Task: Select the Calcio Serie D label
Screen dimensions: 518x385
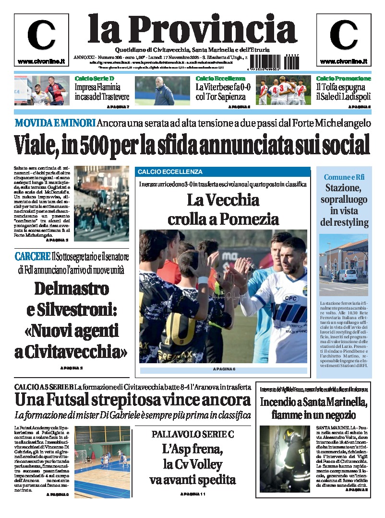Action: click(x=95, y=78)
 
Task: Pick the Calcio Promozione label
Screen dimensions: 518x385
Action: click(x=343, y=78)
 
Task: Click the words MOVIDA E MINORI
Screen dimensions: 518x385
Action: click(x=55, y=123)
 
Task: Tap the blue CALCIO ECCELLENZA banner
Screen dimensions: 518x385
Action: click(x=223, y=172)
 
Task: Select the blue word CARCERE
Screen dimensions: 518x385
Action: click(x=32, y=256)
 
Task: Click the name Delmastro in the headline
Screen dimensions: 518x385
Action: click(x=72, y=288)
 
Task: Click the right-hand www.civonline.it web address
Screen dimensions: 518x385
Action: click(x=343, y=61)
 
